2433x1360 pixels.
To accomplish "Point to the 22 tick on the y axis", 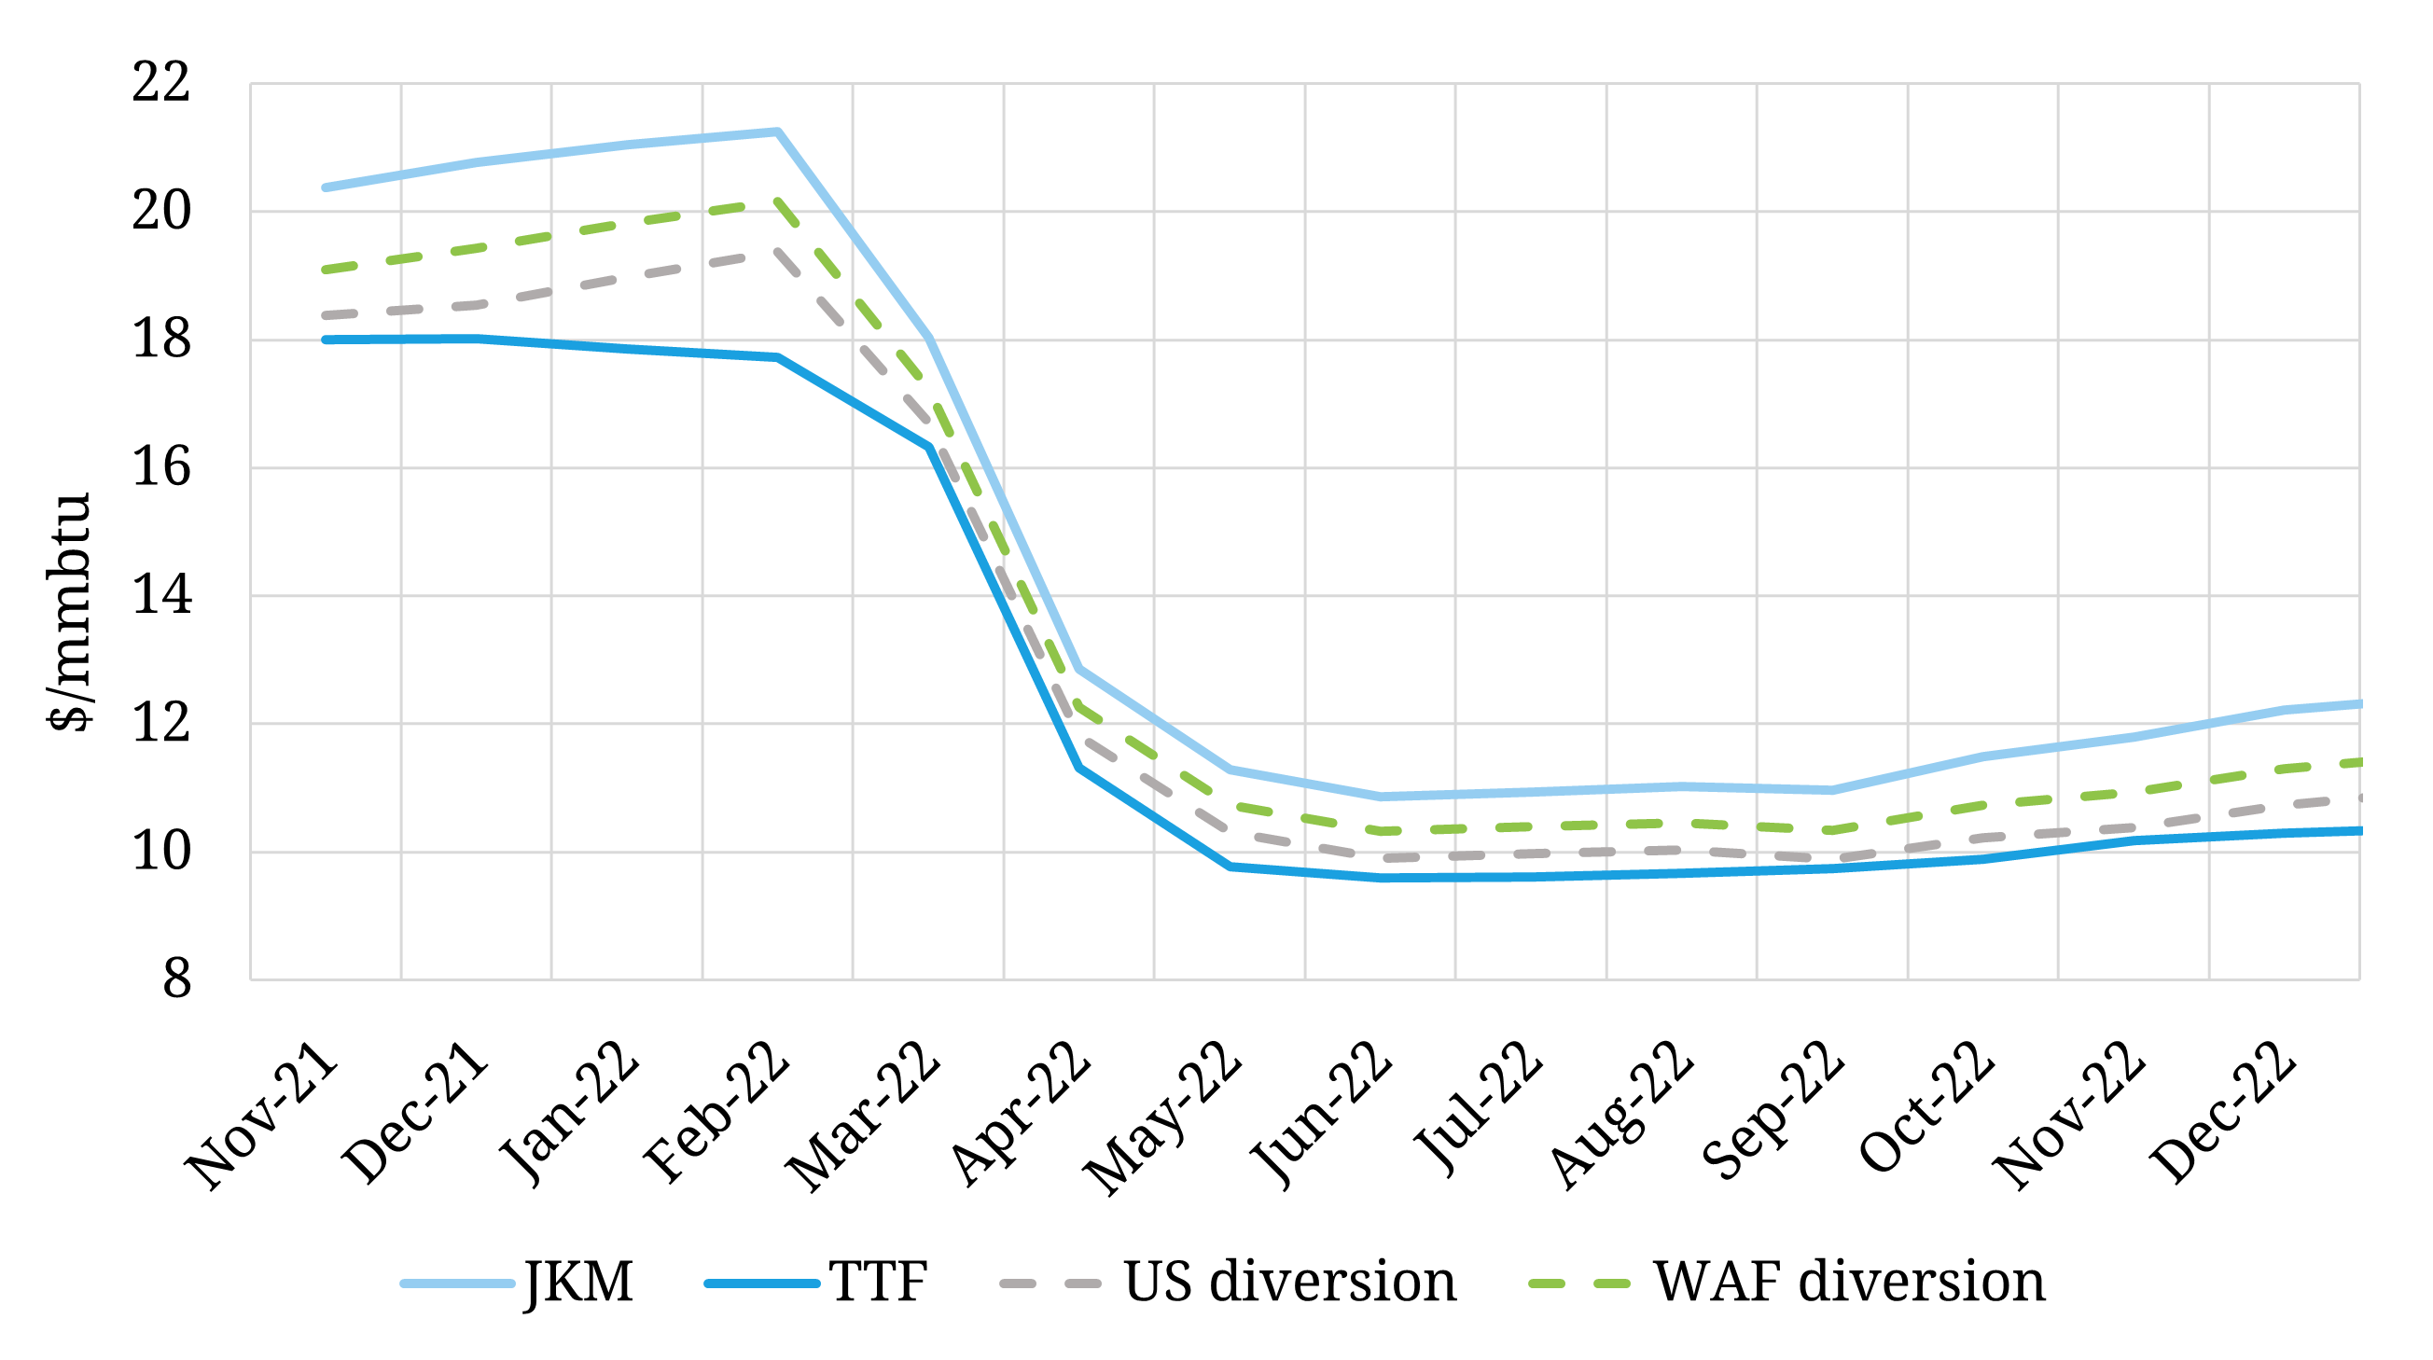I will [161, 82].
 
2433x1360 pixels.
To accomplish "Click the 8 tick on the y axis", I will [176, 979].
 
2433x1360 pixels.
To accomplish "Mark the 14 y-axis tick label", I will [161, 595].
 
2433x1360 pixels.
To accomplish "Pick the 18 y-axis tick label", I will [161, 339].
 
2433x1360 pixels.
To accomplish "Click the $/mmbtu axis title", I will [70, 612].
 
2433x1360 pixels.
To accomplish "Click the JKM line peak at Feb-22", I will [777, 132].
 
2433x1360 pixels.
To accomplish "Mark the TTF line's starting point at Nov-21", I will [326, 339].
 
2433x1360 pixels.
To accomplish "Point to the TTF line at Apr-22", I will [1078, 768].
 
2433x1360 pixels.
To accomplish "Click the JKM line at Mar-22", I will [929, 337].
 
